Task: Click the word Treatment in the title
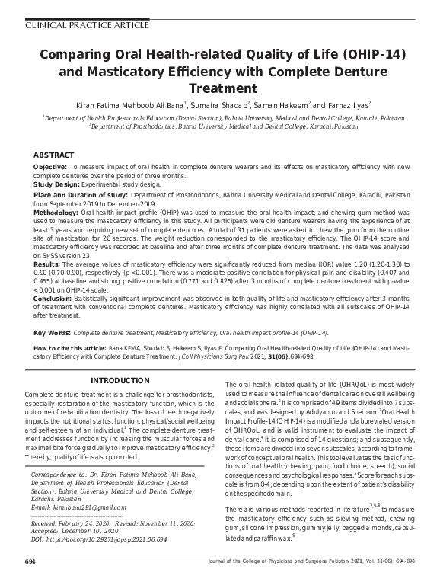(x=220, y=88)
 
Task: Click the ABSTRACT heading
(x=54, y=155)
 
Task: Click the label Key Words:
(x=53, y=333)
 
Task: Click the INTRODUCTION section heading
(x=123, y=379)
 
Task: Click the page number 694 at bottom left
(x=30, y=561)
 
